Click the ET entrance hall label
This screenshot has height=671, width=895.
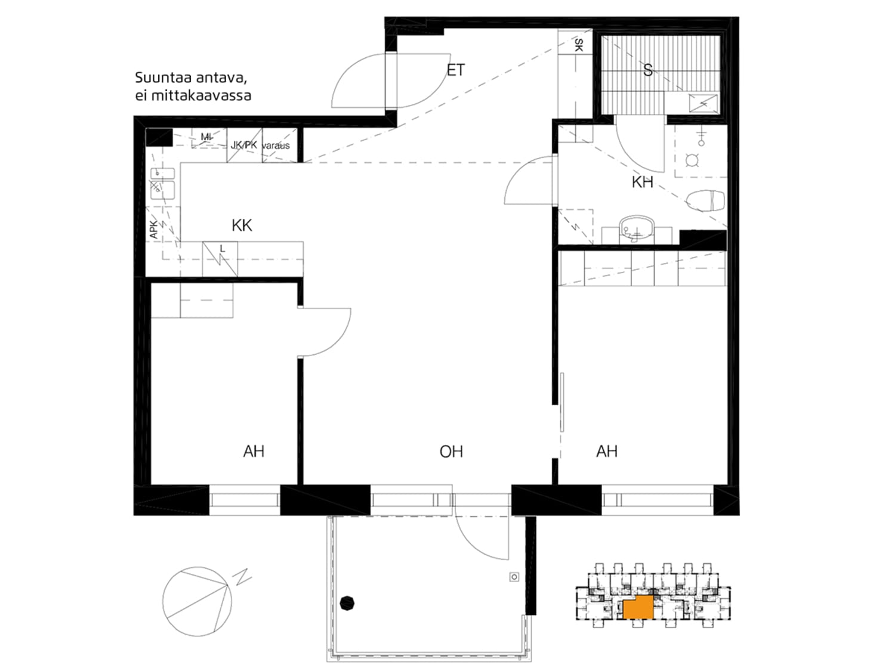[x=455, y=70]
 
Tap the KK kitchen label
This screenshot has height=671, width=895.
[x=242, y=225]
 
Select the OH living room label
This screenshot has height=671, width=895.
[x=451, y=452]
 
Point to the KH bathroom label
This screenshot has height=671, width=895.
[x=642, y=182]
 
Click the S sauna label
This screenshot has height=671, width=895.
[x=647, y=70]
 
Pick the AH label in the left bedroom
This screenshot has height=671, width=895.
[x=254, y=452]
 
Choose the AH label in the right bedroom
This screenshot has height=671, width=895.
[x=607, y=452]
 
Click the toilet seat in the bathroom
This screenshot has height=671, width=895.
[x=705, y=201]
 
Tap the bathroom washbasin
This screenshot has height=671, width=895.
[x=637, y=228]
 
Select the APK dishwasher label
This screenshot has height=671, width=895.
[x=154, y=230]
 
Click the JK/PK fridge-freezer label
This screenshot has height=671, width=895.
[x=244, y=144]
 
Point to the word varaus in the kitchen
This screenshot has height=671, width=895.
[x=276, y=146]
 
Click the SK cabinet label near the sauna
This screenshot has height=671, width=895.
[x=578, y=45]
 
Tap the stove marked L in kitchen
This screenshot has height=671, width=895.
[x=220, y=259]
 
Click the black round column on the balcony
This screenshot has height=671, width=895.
[x=347, y=603]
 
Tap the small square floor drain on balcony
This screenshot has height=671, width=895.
[x=514, y=577]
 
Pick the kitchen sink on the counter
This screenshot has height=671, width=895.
[x=163, y=184]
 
